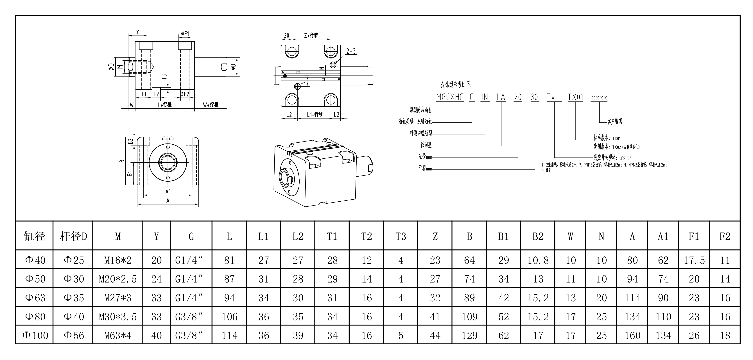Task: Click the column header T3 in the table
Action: click(401, 236)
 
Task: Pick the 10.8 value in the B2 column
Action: click(538, 260)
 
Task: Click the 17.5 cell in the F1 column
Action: click(694, 260)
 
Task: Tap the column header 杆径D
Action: click(73, 236)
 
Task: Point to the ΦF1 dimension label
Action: click(185, 34)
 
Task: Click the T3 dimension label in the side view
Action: click(164, 77)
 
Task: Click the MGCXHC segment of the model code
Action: click(450, 97)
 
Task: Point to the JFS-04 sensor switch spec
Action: click(626, 158)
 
